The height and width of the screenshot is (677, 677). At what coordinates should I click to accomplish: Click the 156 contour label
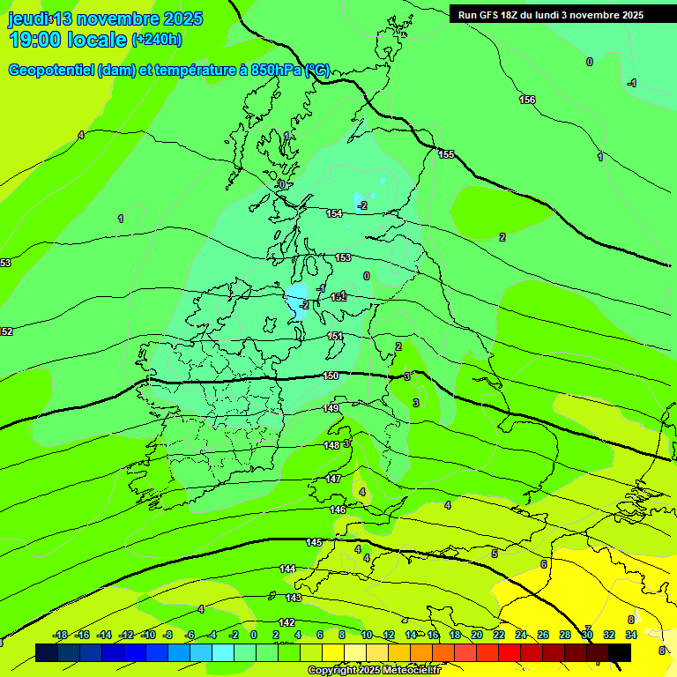tap(527, 100)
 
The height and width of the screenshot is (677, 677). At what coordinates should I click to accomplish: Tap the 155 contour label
tap(446, 154)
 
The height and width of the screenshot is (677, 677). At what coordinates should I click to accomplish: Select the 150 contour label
tap(331, 376)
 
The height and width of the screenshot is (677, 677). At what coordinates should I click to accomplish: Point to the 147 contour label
tap(333, 479)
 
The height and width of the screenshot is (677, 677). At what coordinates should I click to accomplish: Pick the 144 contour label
tap(287, 569)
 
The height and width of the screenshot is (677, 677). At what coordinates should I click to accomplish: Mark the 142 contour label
tap(286, 622)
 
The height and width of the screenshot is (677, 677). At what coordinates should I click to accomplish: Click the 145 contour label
tap(314, 542)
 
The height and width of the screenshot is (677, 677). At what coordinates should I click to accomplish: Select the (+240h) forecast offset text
tap(157, 40)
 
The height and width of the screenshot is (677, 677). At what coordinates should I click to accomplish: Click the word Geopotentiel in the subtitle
tap(51, 71)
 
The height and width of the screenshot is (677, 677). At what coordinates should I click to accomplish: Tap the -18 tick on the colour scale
tap(61, 635)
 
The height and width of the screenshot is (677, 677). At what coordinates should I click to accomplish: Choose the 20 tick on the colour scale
tap(477, 635)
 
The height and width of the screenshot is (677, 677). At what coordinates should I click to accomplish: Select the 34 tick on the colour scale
tap(631, 635)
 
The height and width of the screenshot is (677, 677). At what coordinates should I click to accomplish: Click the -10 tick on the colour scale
tap(148, 635)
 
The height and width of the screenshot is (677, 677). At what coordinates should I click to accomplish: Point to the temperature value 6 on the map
tap(544, 564)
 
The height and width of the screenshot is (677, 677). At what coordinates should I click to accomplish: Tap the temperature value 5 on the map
tap(495, 554)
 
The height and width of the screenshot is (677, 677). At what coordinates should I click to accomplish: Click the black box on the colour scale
tap(620, 652)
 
